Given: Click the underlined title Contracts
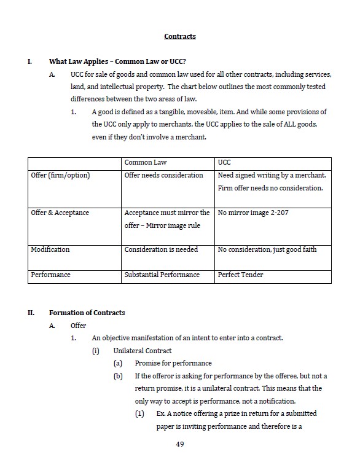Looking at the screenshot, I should (x=180, y=36).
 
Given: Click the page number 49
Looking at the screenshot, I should (x=180, y=444).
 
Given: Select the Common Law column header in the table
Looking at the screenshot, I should (x=146, y=162).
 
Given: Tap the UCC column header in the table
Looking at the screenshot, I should (x=224, y=162).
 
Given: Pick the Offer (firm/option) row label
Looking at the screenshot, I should (x=60, y=175).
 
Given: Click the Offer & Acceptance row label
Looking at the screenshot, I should (x=60, y=213).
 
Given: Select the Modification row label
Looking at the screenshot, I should (x=50, y=249).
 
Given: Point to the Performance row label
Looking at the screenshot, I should (x=50, y=275).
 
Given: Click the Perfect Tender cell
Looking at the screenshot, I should (x=241, y=275).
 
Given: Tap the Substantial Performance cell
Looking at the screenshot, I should (x=162, y=275).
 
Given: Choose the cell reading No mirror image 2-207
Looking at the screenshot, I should (x=252, y=213).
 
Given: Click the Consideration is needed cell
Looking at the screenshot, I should (x=160, y=249).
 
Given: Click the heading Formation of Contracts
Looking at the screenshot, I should (x=87, y=313).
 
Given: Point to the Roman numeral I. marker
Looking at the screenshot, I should (x=30, y=61).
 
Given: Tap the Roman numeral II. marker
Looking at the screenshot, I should (x=31, y=313).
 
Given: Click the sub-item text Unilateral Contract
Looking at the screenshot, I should (x=143, y=351).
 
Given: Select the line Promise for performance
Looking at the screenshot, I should (x=173, y=363).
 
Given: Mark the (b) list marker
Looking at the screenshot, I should (x=118, y=376).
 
